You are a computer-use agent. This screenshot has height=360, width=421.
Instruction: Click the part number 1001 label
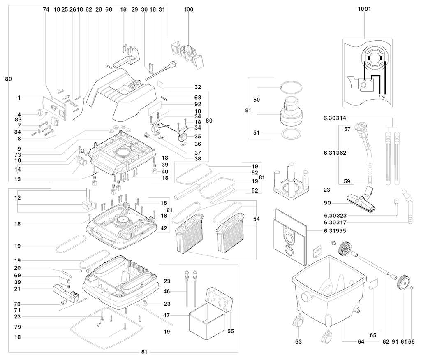[x=364, y=9]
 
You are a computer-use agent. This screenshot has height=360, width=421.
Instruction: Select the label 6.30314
[x=334, y=118]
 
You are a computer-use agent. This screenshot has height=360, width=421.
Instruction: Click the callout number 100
[x=189, y=9]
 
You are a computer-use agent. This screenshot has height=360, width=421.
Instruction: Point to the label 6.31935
[x=335, y=230]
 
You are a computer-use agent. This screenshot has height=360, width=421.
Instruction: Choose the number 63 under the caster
[x=298, y=341]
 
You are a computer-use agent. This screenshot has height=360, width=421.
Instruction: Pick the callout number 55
[x=231, y=331]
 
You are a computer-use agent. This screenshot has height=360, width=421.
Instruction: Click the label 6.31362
[x=335, y=153]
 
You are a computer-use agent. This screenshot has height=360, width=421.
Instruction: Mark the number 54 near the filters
[x=256, y=219]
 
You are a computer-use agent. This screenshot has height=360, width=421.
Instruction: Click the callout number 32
[x=197, y=87]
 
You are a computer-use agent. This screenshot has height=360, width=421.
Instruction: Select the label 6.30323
[x=334, y=215]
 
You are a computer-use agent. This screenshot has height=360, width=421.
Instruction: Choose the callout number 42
[x=164, y=228]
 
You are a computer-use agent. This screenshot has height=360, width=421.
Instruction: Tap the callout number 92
[x=197, y=105]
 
